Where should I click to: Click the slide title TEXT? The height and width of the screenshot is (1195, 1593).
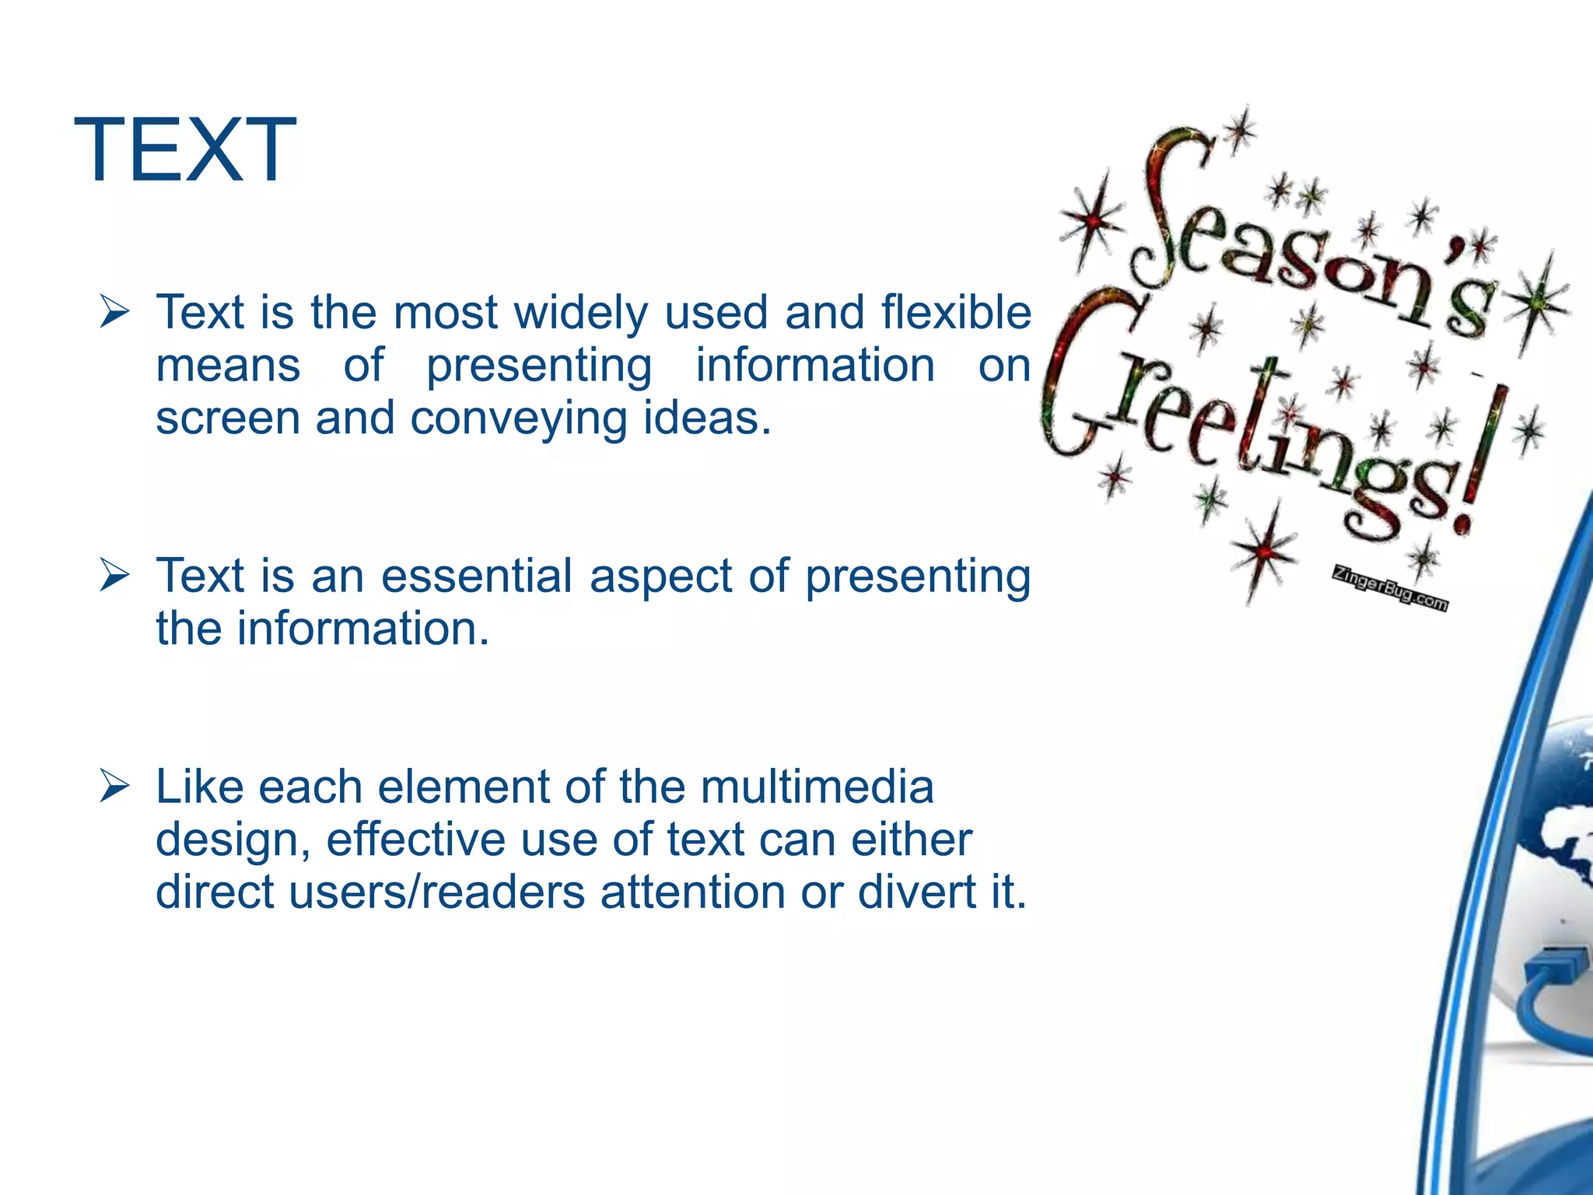184,150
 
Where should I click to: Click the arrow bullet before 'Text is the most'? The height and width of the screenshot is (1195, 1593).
114,314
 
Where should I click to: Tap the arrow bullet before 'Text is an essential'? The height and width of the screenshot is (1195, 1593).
114,577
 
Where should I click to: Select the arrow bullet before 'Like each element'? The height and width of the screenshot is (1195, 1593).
114,787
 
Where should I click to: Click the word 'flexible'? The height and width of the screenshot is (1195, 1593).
956,312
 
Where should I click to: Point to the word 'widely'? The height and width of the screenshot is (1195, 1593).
581,314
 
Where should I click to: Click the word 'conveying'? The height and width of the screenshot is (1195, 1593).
518,419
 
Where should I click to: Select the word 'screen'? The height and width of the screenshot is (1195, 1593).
227,418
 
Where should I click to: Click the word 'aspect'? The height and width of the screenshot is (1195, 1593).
660,577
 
